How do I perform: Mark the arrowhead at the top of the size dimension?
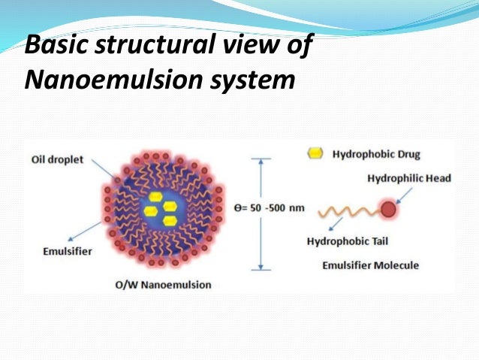pos(261,160)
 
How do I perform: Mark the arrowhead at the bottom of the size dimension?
pos(261,267)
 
